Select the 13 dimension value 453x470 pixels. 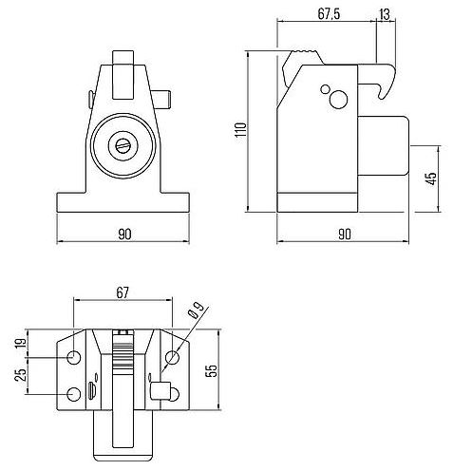click(384, 12)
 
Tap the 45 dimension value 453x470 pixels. click(431, 179)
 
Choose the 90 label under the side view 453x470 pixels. click(343, 233)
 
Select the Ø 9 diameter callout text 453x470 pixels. click(197, 309)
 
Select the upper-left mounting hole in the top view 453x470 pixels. click(75, 358)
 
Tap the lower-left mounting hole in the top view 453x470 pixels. click(75, 394)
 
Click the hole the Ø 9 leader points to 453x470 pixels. click(171, 358)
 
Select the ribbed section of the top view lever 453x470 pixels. click(121, 355)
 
